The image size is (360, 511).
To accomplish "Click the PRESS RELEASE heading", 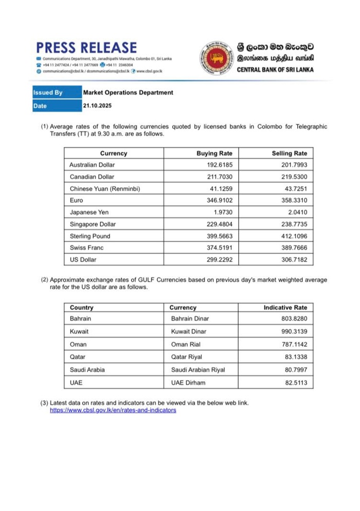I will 86,48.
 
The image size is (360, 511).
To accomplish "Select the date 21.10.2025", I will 97,105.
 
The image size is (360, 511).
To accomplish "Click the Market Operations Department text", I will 128,93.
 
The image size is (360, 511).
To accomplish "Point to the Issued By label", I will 48,93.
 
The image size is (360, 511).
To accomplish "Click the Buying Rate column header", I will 214,153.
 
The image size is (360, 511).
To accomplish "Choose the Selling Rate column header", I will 289,153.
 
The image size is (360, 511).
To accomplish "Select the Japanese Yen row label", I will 89,212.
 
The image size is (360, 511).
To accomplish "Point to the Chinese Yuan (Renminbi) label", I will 104,188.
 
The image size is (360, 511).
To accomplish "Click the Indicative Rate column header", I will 285,307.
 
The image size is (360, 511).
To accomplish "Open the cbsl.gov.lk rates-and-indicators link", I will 113,410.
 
